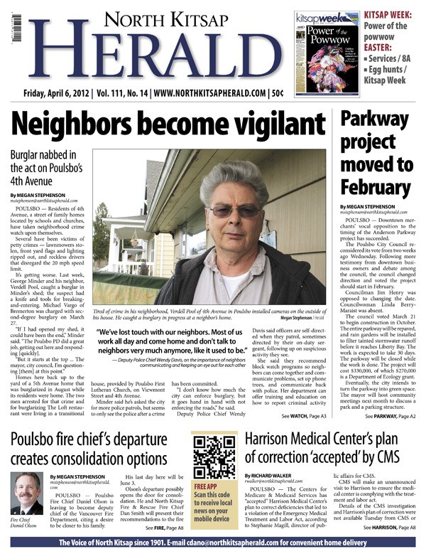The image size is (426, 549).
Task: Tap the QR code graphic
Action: (x=213, y=459)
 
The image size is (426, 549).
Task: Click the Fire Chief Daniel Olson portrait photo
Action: (x=26, y=494)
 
